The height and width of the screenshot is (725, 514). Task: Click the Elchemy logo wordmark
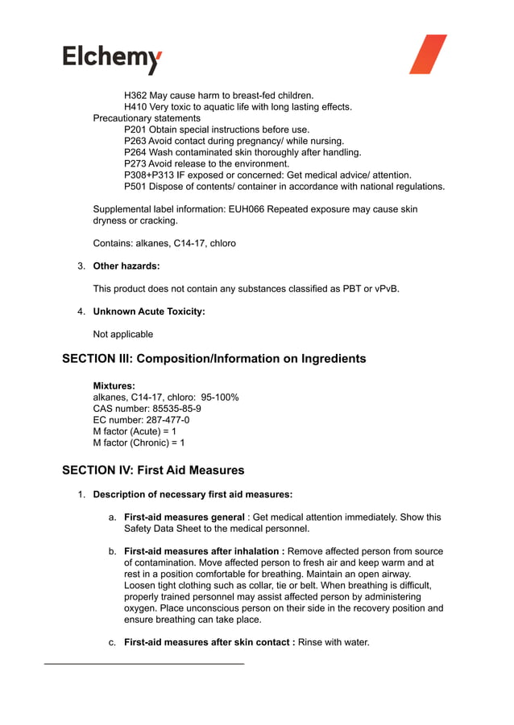(112, 59)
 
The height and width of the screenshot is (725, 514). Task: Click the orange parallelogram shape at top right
(428, 55)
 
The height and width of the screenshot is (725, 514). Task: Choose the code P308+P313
(155, 175)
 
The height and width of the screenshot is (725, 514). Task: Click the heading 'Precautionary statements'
(147, 118)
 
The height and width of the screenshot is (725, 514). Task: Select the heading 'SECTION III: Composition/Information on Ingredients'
(213, 359)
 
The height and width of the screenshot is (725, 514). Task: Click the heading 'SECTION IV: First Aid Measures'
(153, 470)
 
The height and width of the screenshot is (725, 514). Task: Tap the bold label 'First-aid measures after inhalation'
(204, 551)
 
